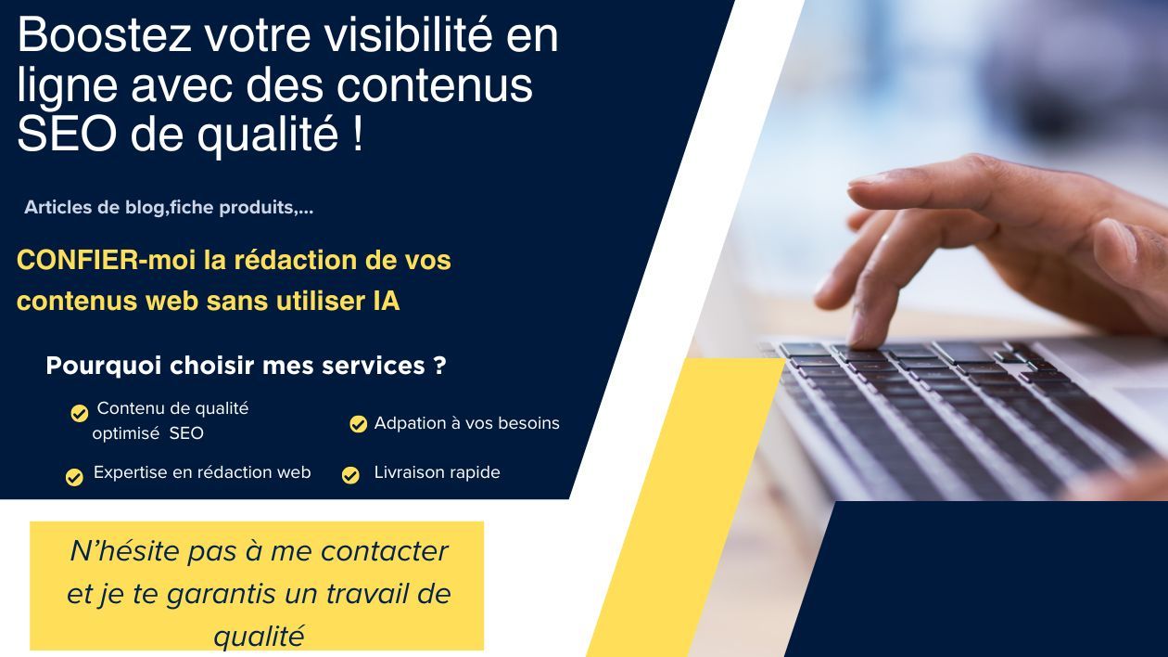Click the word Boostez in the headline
105,34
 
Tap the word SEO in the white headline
67,134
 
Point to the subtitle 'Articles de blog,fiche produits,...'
169,208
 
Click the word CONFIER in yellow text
78,260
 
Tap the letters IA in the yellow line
387,301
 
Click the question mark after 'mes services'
439,366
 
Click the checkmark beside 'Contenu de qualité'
80,414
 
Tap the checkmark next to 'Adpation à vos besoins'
358,424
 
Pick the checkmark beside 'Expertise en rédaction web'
74,478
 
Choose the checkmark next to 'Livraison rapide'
350,475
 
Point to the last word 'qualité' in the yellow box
260,637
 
